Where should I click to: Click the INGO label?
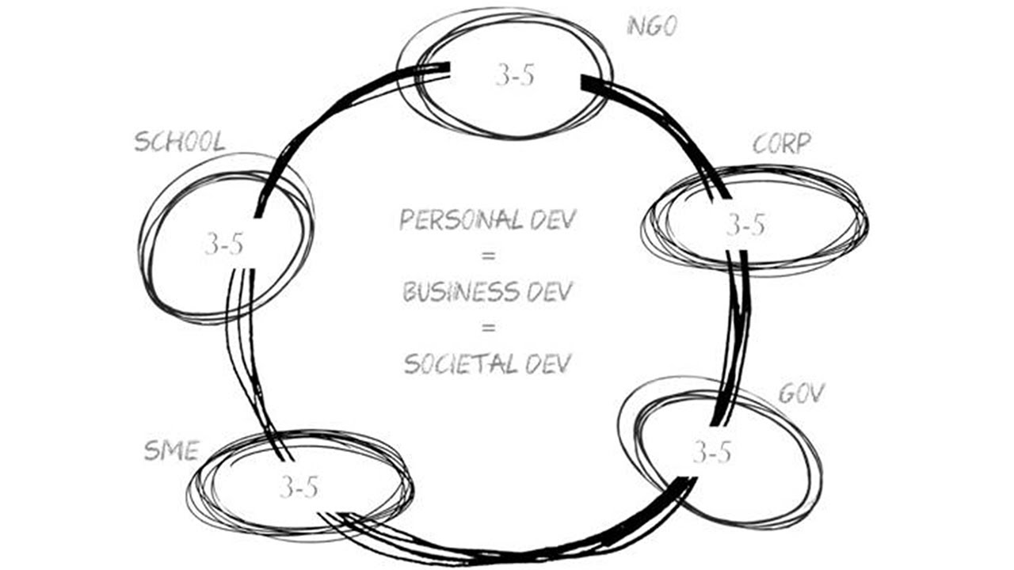click(652, 26)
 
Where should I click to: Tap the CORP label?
click(782, 143)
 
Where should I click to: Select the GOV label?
click(802, 393)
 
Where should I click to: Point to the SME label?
click(172, 450)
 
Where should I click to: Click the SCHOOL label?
click(180, 142)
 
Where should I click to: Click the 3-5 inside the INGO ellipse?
click(515, 75)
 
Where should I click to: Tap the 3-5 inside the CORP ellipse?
click(745, 225)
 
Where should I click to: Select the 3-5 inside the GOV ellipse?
click(712, 452)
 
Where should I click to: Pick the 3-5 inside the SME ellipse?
click(299, 487)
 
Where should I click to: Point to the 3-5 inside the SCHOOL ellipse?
click(223, 245)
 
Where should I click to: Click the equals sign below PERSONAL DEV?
click(489, 256)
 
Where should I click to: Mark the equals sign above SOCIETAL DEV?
click(489, 327)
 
